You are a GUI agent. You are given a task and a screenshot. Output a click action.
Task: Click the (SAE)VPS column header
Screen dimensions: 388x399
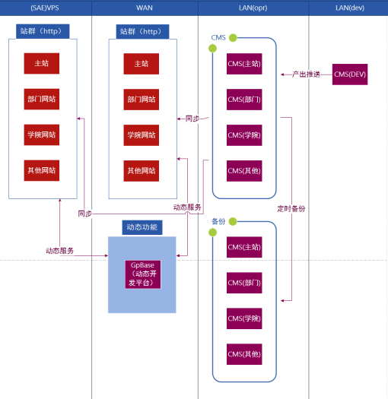45,8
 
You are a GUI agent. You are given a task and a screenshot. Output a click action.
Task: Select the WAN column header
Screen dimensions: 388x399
145,8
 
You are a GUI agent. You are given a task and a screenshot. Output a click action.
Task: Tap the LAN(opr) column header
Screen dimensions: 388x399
253,8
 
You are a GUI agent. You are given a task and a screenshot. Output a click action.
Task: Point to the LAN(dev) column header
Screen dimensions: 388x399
349,8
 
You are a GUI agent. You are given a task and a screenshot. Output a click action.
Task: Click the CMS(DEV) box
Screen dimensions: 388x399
350,74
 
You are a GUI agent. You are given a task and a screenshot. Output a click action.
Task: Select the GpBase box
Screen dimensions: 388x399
143,274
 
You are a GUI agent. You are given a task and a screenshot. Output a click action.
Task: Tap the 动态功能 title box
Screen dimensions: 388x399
142,227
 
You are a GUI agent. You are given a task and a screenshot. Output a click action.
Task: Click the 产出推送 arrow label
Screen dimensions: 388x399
306,74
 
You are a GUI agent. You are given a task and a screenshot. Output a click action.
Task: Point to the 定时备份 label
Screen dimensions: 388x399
291,209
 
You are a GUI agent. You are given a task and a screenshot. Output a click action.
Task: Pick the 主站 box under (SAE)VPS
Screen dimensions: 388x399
42,63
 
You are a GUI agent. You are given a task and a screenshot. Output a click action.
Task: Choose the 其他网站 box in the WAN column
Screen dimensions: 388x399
142,171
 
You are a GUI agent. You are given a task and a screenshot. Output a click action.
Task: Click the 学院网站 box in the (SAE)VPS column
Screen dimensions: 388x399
42,135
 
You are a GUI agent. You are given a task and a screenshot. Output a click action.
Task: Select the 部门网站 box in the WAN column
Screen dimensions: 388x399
142,100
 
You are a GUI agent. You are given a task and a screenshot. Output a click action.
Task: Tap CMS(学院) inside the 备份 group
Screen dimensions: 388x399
244,318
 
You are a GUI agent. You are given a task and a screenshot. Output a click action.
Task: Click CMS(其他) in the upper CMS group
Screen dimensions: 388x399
244,171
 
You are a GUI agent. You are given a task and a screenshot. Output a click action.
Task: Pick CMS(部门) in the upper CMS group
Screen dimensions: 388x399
244,100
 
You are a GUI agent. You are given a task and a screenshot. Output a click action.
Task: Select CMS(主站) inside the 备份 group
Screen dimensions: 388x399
244,247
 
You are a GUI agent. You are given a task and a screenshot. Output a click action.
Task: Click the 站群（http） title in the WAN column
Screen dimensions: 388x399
142,32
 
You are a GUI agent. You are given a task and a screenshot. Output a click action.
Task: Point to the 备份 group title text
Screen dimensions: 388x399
218,222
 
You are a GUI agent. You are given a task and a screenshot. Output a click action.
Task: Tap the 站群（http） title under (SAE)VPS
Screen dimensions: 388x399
43,31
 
